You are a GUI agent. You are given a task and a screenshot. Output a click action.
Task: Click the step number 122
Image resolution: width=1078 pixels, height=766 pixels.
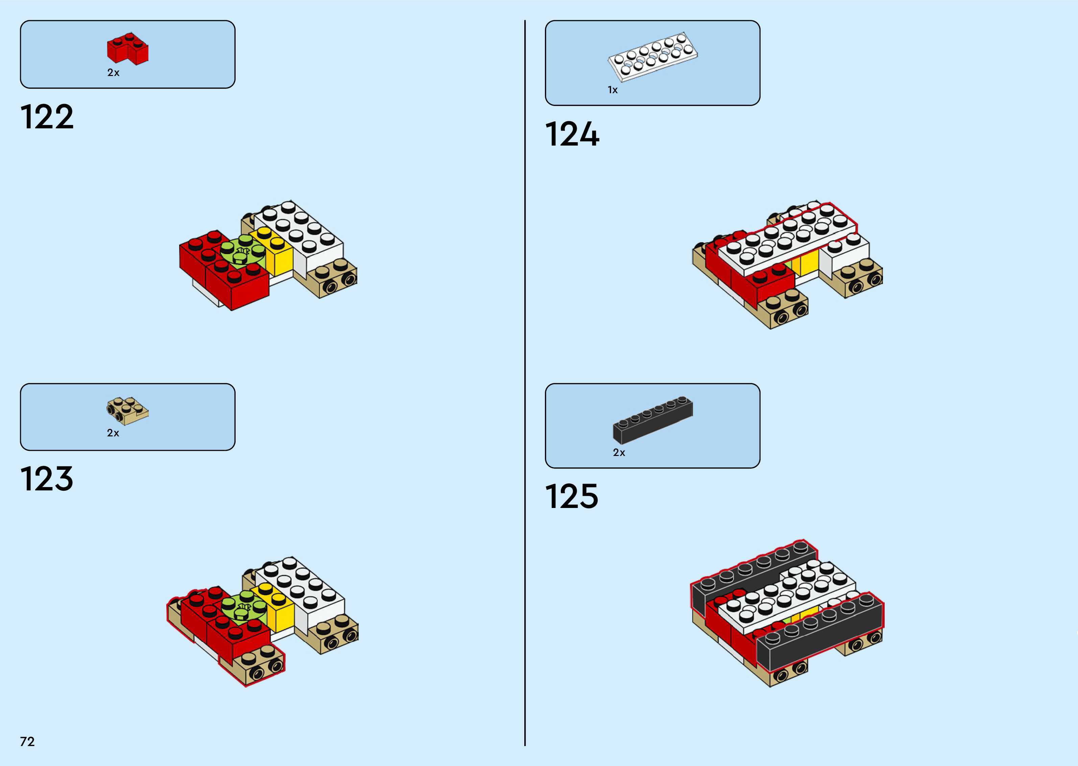click(x=47, y=117)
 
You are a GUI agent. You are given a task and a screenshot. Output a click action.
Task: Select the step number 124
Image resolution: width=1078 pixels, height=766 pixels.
click(x=572, y=134)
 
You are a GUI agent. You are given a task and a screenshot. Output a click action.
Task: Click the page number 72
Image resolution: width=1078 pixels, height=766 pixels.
click(x=27, y=741)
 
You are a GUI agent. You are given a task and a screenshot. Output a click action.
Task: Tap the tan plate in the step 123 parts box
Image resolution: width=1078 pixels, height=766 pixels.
click(x=127, y=409)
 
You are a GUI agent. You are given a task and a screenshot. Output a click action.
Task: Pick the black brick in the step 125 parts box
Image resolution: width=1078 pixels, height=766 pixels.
click(x=653, y=420)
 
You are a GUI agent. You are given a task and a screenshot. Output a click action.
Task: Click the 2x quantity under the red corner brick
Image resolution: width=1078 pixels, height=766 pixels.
click(x=113, y=73)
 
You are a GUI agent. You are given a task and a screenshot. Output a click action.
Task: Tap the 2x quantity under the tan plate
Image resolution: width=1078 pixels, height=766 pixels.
click(x=113, y=433)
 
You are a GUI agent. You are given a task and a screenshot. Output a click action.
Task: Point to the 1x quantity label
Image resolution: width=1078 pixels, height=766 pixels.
click(x=613, y=90)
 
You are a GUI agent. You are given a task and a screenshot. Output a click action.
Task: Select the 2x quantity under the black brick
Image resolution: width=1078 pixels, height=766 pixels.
click(x=619, y=452)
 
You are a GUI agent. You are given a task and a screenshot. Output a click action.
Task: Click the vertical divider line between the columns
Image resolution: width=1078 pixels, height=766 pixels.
click(x=525, y=377)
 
